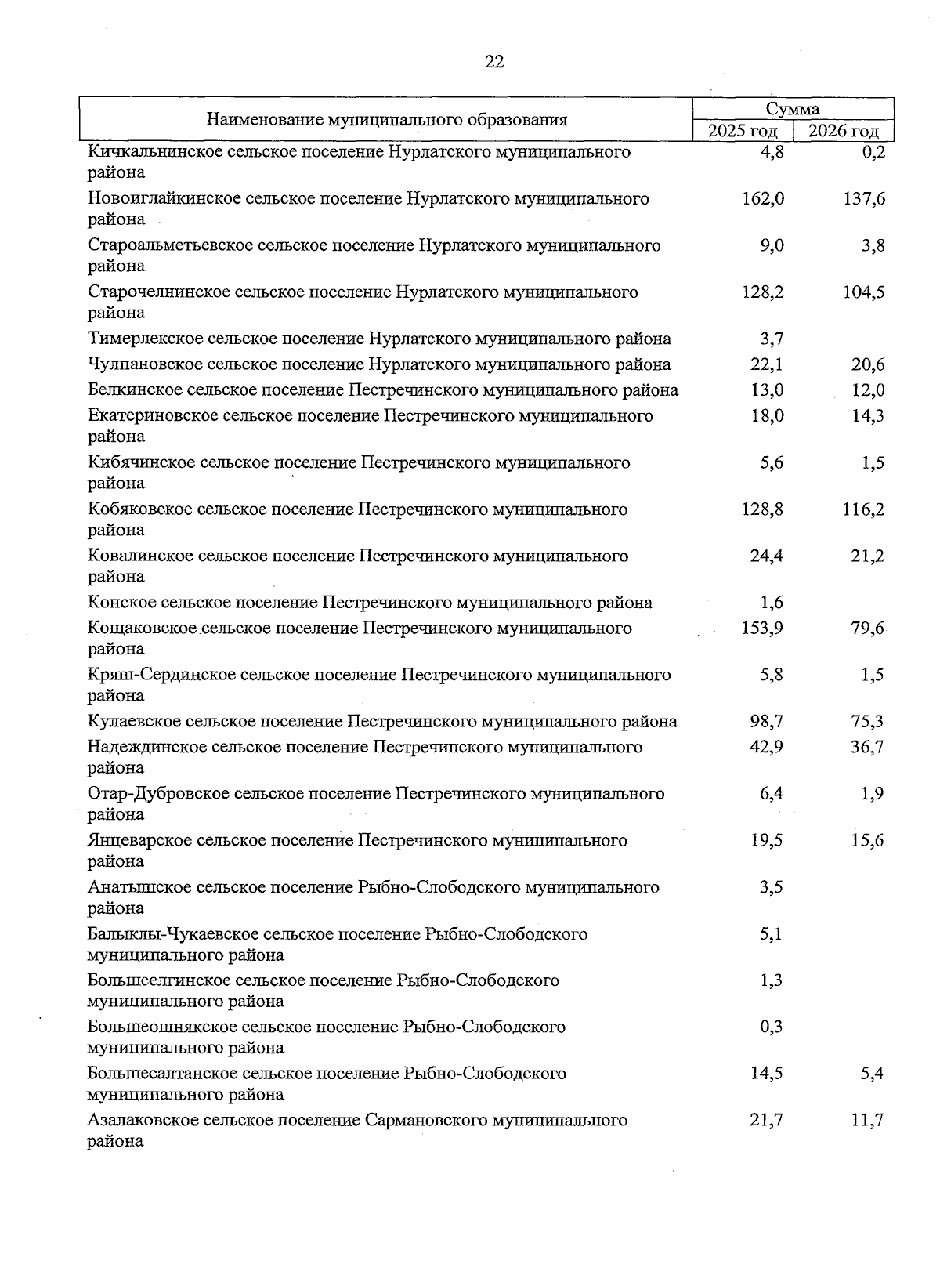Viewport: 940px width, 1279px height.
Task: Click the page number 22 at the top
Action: [494, 62]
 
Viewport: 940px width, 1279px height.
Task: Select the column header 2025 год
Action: [742, 131]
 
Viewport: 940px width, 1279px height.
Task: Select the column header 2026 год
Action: [843, 131]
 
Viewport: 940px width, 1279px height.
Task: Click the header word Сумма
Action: [793, 109]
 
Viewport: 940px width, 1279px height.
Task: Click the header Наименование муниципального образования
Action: [387, 120]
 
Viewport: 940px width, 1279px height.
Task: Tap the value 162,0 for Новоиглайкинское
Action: [762, 199]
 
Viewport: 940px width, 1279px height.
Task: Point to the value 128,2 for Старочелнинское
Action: [762, 292]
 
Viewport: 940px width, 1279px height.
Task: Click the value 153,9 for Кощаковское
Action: [762, 629]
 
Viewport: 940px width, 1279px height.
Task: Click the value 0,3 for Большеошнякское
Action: [771, 1027]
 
